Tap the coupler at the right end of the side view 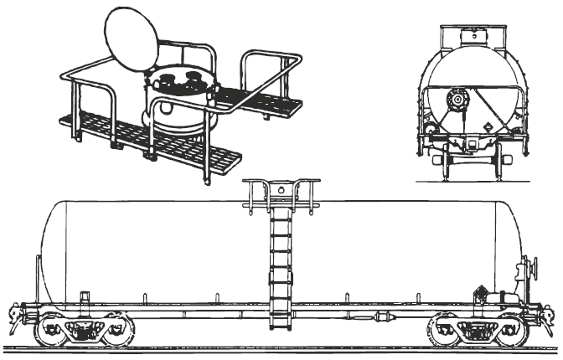pos(549,316)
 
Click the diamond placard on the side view pos(479,294)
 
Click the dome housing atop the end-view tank pos(475,34)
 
